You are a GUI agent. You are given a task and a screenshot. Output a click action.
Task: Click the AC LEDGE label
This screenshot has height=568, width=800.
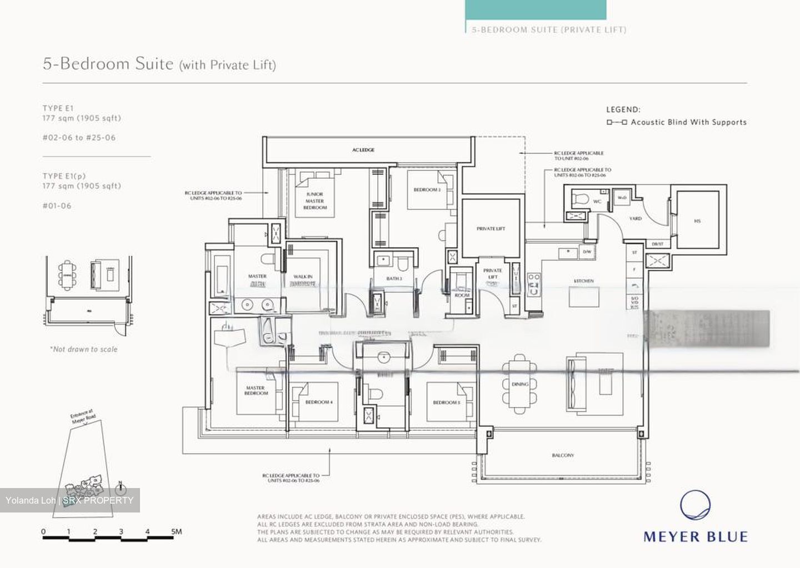363,150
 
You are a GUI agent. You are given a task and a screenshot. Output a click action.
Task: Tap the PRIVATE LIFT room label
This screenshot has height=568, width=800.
491,228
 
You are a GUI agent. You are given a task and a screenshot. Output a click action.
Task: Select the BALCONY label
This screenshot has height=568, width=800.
563,455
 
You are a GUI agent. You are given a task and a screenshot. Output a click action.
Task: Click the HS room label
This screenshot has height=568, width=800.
697,221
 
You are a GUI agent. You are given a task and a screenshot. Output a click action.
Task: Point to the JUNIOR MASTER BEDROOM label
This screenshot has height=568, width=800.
314,201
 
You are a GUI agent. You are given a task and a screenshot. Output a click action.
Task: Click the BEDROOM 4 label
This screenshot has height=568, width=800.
319,402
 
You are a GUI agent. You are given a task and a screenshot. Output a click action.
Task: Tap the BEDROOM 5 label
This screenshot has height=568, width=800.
447,403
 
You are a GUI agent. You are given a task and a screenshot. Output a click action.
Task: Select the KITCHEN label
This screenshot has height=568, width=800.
584,281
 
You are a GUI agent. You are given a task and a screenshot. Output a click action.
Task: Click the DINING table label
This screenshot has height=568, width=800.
520,384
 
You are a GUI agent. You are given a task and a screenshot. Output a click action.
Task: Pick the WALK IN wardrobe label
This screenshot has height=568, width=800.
303,277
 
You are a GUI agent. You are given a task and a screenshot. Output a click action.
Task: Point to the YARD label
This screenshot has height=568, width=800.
635,219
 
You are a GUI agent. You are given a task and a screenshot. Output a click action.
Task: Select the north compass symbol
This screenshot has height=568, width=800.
121,489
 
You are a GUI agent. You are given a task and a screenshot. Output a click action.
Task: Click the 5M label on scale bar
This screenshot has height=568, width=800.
177,531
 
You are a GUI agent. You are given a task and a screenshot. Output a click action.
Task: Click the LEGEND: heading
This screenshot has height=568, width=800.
623,110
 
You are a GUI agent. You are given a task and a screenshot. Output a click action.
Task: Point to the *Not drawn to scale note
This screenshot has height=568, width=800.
83,349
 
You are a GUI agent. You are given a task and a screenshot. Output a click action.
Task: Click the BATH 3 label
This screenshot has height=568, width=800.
394,278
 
